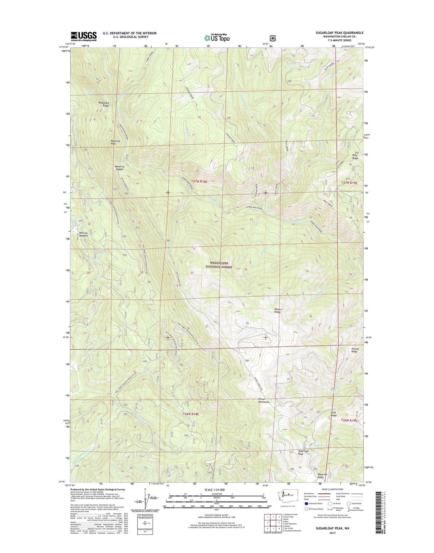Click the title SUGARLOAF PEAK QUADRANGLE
click(x=339, y=33)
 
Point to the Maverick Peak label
click(x=115, y=142)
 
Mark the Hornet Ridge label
click(x=355, y=350)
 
